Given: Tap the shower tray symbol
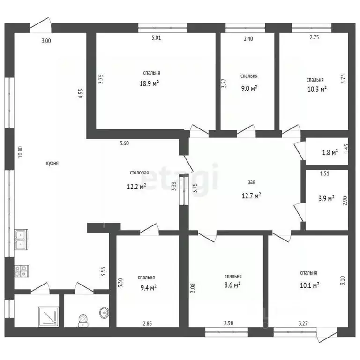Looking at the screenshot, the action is [x=48, y=316].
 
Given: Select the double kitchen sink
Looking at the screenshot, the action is [x=21, y=240].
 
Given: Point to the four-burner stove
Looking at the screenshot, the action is [x=22, y=271].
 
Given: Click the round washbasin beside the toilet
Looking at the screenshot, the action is [x=104, y=312].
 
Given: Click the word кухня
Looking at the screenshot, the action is [x=52, y=163].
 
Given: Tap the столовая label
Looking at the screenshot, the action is [x=139, y=172].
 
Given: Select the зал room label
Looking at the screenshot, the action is [x=252, y=182].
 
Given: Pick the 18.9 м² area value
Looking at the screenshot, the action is [x=150, y=83].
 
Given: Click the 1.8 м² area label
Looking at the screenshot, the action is [x=330, y=152].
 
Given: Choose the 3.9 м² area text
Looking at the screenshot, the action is [x=326, y=198].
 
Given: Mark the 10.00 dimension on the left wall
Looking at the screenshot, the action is [x=21, y=152].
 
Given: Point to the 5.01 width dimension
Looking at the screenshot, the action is [x=157, y=38].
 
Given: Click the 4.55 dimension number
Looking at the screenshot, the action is [x=81, y=94].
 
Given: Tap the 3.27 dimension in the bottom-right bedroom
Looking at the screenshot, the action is [x=303, y=323].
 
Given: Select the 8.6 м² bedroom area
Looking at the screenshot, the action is [x=232, y=285].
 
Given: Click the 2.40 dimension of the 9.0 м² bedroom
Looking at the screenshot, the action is [x=248, y=39].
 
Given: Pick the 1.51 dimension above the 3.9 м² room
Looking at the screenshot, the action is [x=325, y=173].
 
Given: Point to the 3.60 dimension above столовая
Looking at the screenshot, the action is [x=124, y=143].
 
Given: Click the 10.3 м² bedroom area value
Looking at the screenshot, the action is [x=317, y=89].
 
